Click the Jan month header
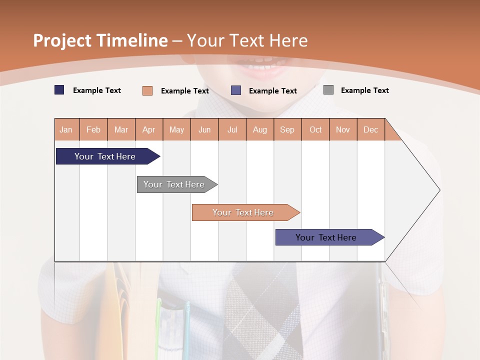click(x=66, y=129)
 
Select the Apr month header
click(x=149, y=129)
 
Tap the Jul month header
click(x=232, y=129)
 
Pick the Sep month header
click(x=287, y=129)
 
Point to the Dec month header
click(x=370, y=129)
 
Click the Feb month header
click(x=93, y=129)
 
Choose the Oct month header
click(x=315, y=129)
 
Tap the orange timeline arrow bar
click(x=243, y=212)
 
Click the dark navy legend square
click(x=59, y=90)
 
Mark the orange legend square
click(x=147, y=90)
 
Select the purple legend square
click(x=236, y=90)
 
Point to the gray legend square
click(x=328, y=90)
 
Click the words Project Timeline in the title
click(x=100, y=40)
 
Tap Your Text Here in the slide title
click(x=247, y=40)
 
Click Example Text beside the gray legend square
click(x=364, y=90)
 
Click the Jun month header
click(x=204, y=129)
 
